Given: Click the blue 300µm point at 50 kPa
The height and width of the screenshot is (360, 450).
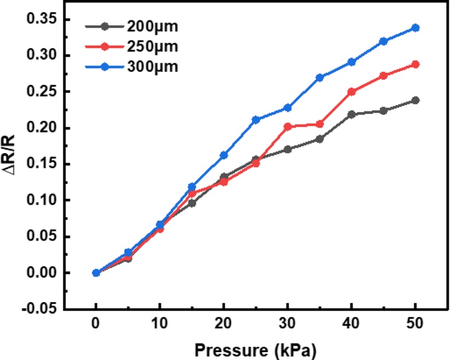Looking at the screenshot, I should coord(416,28).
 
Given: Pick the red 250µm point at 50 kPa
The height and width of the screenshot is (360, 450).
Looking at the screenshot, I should coord(416,64).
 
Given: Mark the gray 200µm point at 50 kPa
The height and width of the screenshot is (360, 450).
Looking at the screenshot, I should coord(416,100).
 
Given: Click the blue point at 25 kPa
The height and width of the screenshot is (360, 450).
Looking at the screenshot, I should coord(256,120).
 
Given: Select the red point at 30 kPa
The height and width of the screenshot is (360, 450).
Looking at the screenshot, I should coord(288,127).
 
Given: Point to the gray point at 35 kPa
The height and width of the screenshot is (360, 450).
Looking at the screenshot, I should coord(319,139).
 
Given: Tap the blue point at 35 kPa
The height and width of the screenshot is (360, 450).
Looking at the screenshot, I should coord(319,78).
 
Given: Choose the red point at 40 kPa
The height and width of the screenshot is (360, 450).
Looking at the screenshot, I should coord(352,91).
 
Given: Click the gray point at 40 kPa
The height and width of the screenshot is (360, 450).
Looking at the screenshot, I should coord(352,114).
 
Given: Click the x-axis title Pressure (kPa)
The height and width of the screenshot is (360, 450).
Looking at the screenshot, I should coord(256,349).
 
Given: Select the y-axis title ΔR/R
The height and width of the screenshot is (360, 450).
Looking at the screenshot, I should coord(12,163).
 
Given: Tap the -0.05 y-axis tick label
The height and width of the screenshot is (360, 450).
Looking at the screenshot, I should coord(39,309).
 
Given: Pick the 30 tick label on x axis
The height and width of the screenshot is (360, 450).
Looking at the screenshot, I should coord(288,325).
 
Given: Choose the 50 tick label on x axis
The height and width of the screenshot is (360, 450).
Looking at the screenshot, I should coord(416,325).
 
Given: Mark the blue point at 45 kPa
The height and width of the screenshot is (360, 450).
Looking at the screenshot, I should coord(384,41).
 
